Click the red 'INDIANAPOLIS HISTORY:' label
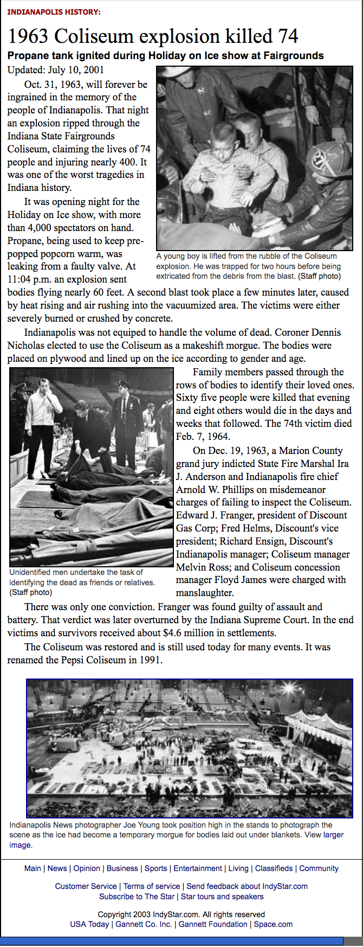[54, 12]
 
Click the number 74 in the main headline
[288, 36]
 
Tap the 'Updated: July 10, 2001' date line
[56, 70]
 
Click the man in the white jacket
[43, 412]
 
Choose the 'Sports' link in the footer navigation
[155, 868]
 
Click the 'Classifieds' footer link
[274, 868]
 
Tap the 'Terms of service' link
[152, 886]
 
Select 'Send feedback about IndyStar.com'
[247, 886]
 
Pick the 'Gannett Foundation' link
[213, 924]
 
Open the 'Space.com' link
[273, 924]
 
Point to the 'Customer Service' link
[86, 886]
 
